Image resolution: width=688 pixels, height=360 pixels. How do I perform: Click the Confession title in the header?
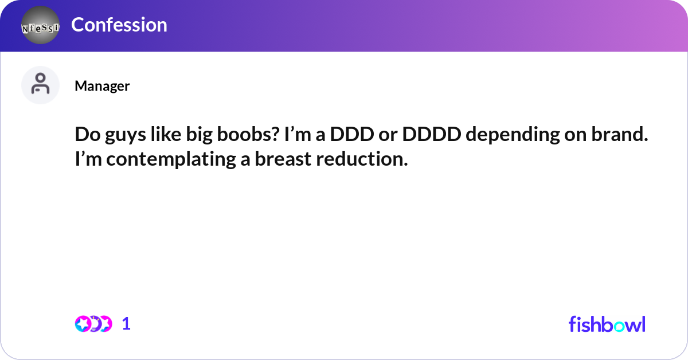119,25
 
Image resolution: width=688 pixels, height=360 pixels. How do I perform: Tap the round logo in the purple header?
40,26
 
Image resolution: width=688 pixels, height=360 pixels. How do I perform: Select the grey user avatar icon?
40,85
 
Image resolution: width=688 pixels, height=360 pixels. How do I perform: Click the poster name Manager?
102,86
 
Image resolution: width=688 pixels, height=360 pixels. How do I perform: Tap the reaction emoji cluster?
93,324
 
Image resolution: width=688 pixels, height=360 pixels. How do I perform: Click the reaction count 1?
126,324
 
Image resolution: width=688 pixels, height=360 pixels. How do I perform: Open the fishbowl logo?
607,324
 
